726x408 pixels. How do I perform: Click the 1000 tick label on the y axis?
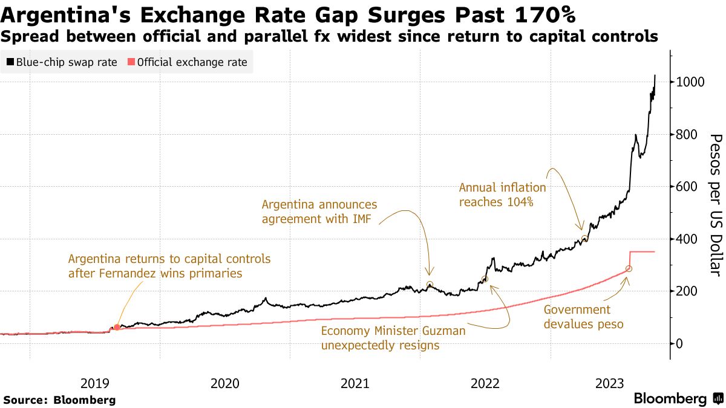click(x=690, y=82)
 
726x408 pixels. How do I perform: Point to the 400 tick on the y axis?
click(x=688, y=239)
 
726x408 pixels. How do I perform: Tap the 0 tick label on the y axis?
click(x=680, y=344)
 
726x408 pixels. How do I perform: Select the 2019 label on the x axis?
click(x=94, y=383)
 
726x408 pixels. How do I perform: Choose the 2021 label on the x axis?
click(x=355, y=383)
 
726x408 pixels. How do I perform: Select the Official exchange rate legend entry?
click(x=187, y=62)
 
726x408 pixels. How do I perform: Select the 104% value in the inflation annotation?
click(x=520, y=202)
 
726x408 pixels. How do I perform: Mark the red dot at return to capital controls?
click(x=117, y=327)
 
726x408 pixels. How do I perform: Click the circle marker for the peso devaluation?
click(x=629, y=268)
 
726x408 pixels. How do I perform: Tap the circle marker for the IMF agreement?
click(x=430, y=284)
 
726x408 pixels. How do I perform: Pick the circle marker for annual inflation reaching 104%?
click(x=584, y=239)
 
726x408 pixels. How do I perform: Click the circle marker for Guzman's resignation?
click(x=485, y=279)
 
